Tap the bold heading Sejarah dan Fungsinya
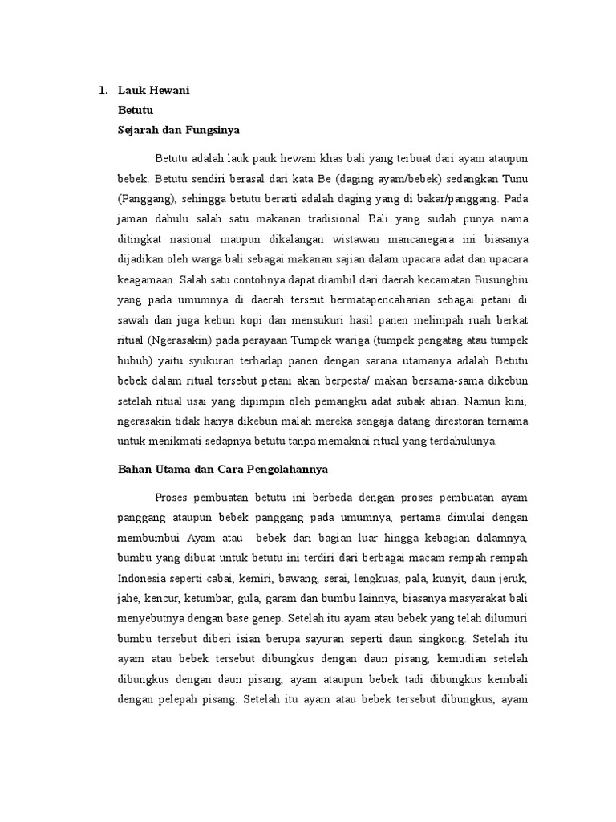coord(179,128)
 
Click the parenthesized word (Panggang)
coord(144,197)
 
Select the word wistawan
coord(351,239)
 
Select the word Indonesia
coord(145,578)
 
